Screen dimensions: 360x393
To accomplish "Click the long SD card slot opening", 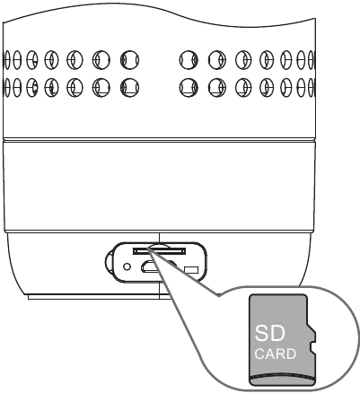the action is tap(160, 251).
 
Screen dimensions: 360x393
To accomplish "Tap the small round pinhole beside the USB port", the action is tap(127, 266).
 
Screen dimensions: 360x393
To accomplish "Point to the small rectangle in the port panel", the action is tap(191, 270).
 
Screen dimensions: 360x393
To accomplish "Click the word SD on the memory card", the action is tap(269, 333).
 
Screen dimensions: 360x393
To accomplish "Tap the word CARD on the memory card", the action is tap(276, 354).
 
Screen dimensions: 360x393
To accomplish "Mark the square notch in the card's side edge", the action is tap(313, 346).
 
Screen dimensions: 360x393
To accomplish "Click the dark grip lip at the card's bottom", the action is tap(283, 379).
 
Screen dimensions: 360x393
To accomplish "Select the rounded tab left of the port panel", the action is tap(109, 262).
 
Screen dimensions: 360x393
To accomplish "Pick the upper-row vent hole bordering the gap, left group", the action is tap(129, 60).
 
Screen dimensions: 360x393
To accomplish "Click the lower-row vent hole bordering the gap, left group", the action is tap(129, 87).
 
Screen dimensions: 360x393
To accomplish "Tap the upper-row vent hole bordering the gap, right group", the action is tap(189, 60).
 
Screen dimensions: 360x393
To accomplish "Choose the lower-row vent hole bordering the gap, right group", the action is tap(189, 87).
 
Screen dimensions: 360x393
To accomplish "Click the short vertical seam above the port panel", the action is tap(160, 238).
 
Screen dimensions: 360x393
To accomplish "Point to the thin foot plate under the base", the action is tap(99, 297).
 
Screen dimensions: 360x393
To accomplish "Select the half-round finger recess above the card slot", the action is tap(159, 246).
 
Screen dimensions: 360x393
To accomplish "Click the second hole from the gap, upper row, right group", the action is tap(217, 60).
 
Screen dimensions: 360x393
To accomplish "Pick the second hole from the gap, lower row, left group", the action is tap(101, 87).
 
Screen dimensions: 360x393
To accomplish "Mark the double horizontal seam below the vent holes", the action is tap(159, 140).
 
